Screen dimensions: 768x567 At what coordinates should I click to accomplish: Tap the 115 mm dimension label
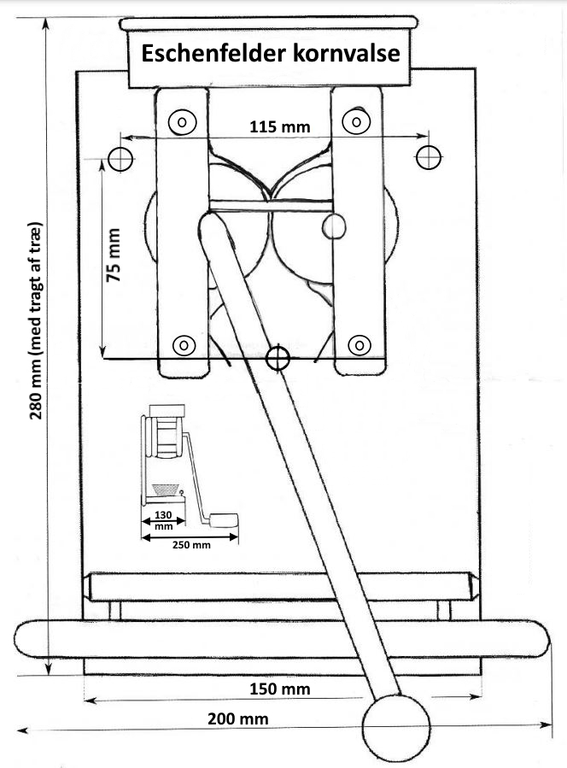(x=279, y=126)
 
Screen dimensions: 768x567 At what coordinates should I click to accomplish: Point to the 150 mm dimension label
(x=279, y=689)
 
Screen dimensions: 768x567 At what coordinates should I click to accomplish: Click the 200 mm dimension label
(x=238, y=718)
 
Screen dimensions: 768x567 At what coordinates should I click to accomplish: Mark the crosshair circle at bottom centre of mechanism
(x=276, y=358)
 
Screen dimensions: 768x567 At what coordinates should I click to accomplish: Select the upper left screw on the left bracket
(x=181, y=122)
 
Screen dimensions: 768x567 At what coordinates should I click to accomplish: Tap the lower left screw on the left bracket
(x=183, y=345)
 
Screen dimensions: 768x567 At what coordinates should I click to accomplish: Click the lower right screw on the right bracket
(x=359, y=345)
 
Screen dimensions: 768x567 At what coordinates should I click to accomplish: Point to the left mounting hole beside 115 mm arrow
(x=120, y=157)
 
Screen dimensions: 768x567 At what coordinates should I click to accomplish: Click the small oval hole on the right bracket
(x=336, y=226)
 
